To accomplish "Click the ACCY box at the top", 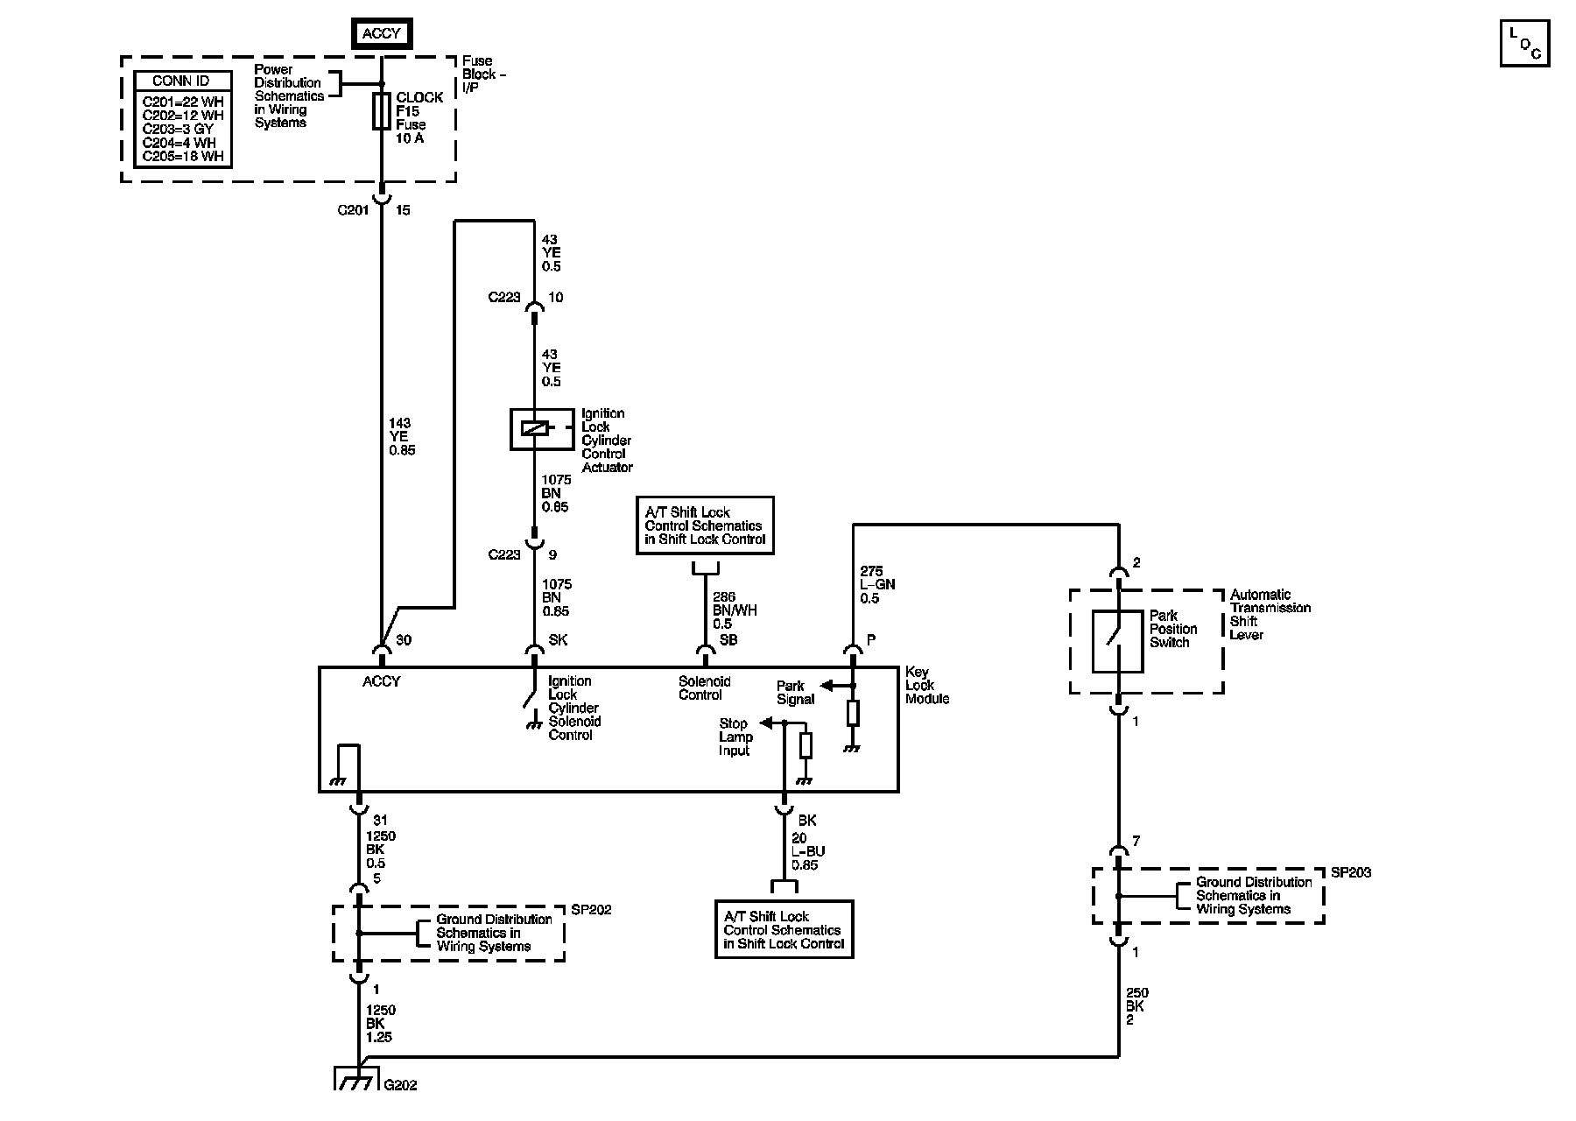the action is [x=381, y=33].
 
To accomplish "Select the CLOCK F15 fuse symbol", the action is [x=381, y=111].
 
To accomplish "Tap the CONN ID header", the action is [x=181, y=81].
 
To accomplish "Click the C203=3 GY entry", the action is [x=178, y=129].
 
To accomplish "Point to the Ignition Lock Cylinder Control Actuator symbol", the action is [x=535, y=429].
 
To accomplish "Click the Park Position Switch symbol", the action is [x=1117, y=641].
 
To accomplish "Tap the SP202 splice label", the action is [x=591, y=910].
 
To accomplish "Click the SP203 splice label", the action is [x=1351, y=873].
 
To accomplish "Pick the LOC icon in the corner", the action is [x=1524, y=43].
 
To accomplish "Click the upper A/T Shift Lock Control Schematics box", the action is [x=705, y=525].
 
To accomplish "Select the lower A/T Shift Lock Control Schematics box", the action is [x=784, y=929].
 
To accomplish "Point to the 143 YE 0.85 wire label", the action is [x=402, y=437].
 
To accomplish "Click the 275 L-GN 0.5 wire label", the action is [x=877, y=585].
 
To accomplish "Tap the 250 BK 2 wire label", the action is [x=1136, y=1006].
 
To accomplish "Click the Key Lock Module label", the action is [x=926, y=685].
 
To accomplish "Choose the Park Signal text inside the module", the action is [x=795, y=693].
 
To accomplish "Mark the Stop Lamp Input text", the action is [x=735, y=737].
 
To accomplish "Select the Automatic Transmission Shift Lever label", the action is [x=1270, y=615].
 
